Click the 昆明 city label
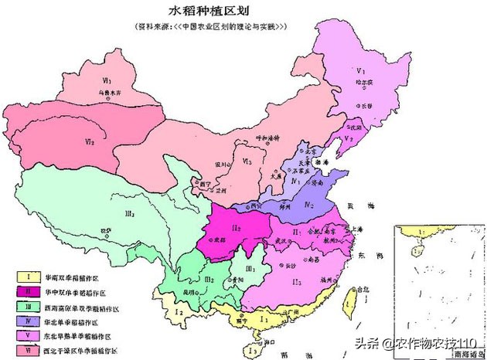(x=191, y=294)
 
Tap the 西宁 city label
(x=205, y=185)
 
